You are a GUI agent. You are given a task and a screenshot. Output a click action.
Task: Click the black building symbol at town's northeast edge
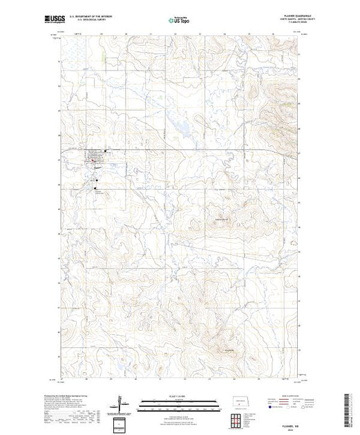[104, 151]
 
